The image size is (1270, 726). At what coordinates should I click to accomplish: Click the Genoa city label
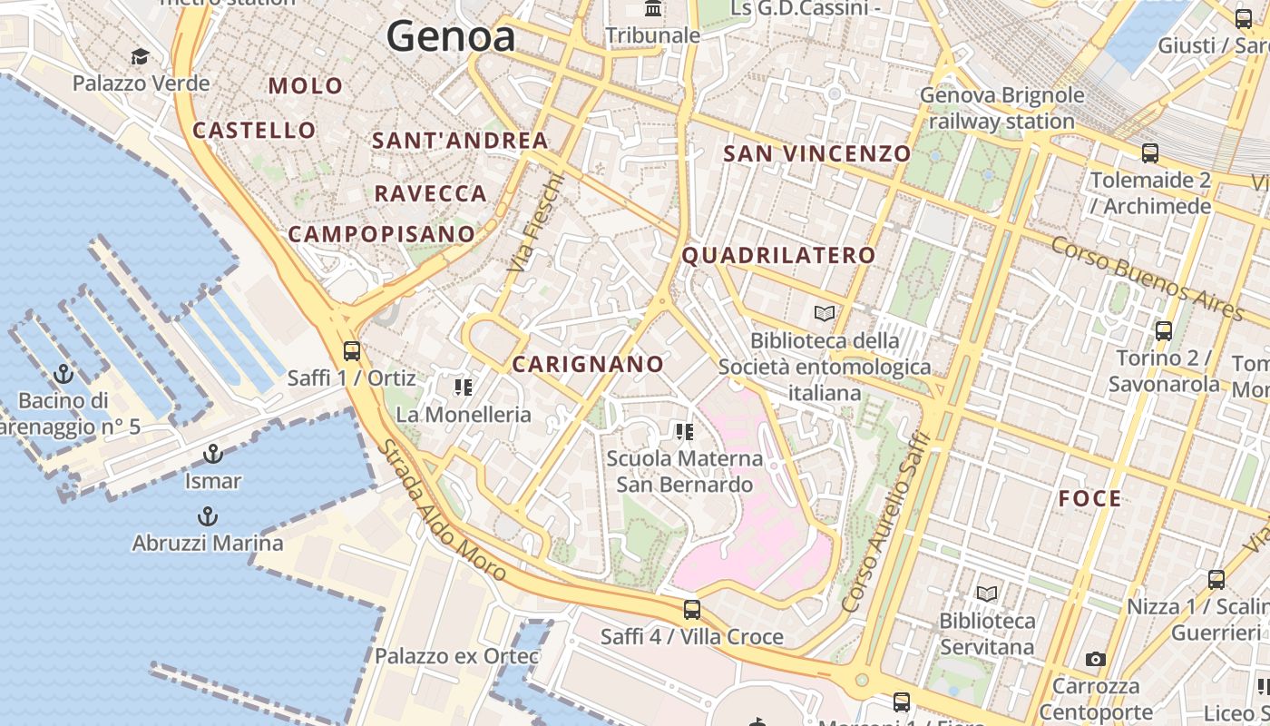tap(451, 36)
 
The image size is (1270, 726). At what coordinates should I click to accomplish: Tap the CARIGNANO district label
tap(588, 365)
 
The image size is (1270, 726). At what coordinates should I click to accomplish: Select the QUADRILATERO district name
tap(778, 256)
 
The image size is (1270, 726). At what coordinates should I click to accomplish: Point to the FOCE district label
tap(1089, 498)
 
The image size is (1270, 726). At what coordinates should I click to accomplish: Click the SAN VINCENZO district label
tap(816, 153)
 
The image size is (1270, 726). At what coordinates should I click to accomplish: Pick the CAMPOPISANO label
tap(382, 234)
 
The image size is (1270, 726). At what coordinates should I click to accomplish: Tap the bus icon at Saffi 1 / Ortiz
tap(352, 350)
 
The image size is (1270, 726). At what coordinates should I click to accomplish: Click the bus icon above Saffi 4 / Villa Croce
tap(692, 609)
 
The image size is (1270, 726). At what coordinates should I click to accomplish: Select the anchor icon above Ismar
tap(213, 454)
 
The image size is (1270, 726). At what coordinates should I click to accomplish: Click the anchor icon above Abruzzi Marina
tap(208, 516)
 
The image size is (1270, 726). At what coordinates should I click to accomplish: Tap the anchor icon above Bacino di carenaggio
tap(63, 373)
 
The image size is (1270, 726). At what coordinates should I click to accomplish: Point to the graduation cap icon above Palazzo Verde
tap(140, 57)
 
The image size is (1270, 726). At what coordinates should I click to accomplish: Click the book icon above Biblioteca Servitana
tap(987, 594)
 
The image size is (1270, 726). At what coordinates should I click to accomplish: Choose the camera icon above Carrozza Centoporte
tap(1096, 660)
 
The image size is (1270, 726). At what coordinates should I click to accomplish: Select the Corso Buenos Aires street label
tap(1148, 278)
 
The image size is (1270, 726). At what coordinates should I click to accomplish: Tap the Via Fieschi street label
tap(536, 223)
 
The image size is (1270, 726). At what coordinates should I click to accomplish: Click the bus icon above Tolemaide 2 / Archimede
tap(1150, 153)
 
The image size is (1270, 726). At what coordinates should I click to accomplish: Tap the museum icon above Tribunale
tap(652, 9)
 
